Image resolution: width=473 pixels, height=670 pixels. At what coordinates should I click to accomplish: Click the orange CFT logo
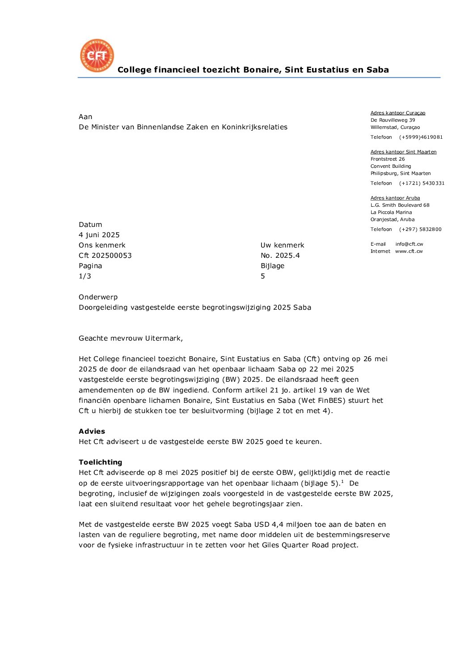(97, 55)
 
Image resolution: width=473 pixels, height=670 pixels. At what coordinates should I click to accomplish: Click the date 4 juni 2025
(99, 235)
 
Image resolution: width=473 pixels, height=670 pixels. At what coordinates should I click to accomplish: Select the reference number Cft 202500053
(105, 256)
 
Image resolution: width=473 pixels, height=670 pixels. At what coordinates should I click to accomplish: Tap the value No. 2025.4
(280, 256)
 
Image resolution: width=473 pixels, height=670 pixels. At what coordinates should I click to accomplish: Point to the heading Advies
(92, 431)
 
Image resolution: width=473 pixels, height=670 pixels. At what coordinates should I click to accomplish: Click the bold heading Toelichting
(100, 462)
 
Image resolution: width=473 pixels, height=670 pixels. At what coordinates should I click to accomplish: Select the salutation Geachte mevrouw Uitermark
(131, 338)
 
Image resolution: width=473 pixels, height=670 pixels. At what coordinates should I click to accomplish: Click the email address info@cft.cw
(409, 244)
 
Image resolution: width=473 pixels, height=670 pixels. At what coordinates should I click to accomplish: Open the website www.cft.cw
(409, 252)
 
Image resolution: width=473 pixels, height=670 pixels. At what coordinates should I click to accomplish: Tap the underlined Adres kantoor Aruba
(395, 198)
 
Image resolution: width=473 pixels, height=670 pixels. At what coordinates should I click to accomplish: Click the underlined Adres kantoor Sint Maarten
(403, 152)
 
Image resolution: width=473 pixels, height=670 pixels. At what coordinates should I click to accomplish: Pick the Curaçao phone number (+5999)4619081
(421, 137)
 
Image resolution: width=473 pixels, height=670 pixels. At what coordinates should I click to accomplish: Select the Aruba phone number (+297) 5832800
(420, 230)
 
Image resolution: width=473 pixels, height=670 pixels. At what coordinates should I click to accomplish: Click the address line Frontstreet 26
(388, 159)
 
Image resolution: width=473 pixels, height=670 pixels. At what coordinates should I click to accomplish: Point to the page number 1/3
(85, 276)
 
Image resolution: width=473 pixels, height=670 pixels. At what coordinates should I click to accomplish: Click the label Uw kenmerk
(282, 245)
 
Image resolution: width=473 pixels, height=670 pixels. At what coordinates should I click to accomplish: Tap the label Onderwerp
(98, 297)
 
